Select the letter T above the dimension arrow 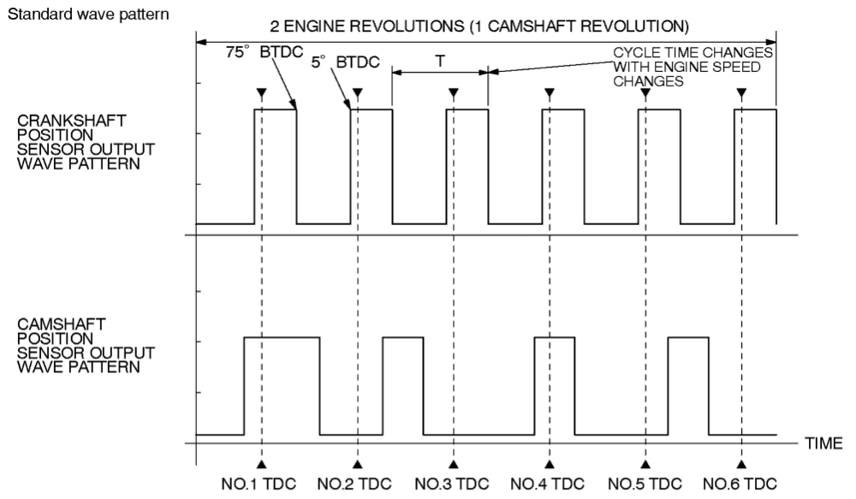tap(440, 62)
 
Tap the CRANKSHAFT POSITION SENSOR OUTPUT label tap(79, 142)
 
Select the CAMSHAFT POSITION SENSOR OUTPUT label tap(79, 346)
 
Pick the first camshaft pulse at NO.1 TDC tap(282, 385)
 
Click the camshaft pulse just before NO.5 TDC tap(688, 385)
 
